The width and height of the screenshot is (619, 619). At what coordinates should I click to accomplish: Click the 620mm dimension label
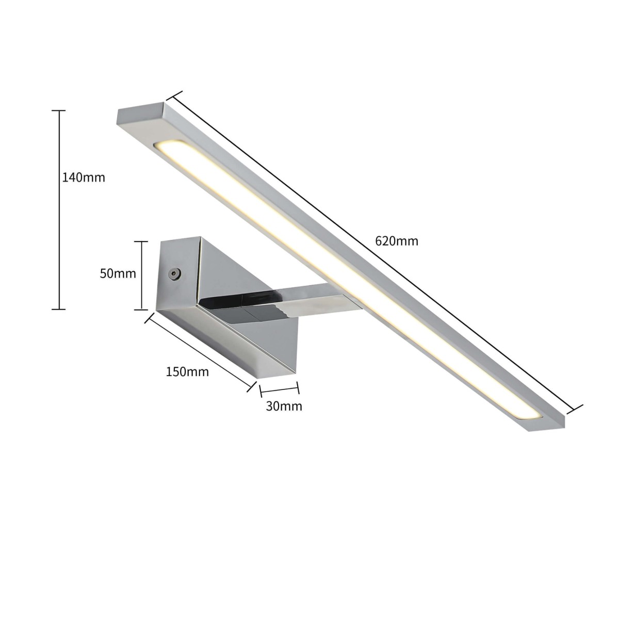[397, 241]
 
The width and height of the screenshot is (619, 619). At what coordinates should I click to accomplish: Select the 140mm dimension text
[84, 178]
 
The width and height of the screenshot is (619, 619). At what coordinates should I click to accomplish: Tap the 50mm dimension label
[118, 273]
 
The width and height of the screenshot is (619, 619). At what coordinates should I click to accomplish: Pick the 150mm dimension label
[187, 371]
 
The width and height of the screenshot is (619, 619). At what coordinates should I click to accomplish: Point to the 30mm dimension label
[284, 406]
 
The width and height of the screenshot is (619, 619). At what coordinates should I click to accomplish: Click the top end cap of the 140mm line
[59, 111]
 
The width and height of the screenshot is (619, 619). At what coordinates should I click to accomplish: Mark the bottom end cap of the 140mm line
[59, 309]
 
